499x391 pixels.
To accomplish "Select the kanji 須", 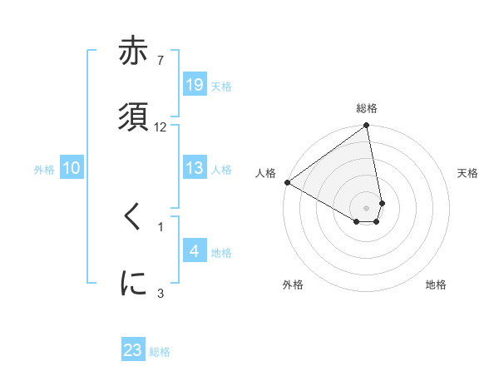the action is click(x=133, y=116).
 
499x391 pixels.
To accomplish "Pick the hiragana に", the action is click(x=133, y=283).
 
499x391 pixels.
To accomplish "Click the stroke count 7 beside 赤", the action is click(x=160, y=60).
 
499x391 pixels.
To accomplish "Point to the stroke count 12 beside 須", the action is click(x=161, y=126).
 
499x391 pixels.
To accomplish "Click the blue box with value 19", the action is click(x=195, y=85).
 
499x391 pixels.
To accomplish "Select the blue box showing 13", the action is click(x=195, y=168).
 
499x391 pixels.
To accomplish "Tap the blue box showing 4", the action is click(x=195, y=251).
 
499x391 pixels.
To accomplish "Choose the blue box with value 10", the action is click(x=72, y=168).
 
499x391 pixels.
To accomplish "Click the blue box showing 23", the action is click(x=133, y=350).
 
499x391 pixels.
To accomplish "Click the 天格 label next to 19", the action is click(x=220, y=86).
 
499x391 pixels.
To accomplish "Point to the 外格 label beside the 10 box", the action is click(x=44, y=169).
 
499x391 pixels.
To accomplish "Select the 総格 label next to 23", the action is click(x=160, y=351).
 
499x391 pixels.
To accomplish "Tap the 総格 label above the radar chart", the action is click(x=367, y=108).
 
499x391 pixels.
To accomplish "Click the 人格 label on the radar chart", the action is click(x=265, y=173).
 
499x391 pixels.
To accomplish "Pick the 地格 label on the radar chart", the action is click(x=436, y=285).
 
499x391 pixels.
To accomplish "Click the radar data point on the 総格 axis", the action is click(x=367, y=126).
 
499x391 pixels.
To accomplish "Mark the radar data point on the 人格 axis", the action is click(x=287, y=182).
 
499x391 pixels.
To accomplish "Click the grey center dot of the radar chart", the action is click(x=367, y=207).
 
